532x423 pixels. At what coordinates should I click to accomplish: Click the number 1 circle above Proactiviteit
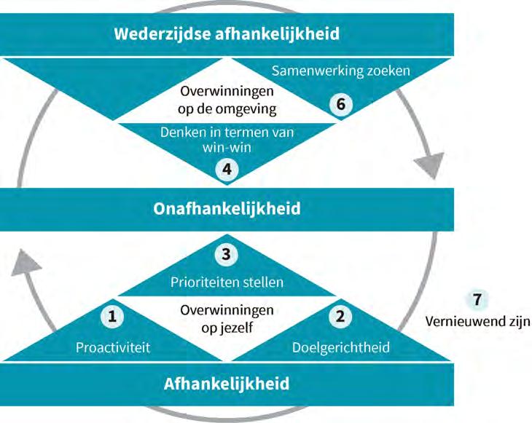point(113,316)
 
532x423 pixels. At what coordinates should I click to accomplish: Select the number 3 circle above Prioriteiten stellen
point(227,254)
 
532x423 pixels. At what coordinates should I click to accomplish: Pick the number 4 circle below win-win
point(227,168)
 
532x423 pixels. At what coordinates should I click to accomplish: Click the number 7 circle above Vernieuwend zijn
point(477,299)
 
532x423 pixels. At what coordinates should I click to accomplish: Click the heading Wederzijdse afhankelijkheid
point(227,33)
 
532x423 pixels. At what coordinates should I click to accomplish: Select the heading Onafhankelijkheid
point(227,208)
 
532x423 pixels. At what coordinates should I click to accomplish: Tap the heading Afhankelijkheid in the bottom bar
point(227,383)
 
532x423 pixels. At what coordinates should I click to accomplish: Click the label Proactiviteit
point(113,347)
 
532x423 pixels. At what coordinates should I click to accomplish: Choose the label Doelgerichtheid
point(340,347)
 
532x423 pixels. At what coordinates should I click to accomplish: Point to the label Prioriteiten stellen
point(227,282)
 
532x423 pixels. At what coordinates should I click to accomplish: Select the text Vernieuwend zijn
point(477,321)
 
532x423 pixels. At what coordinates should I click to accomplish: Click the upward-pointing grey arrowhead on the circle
point(26,260)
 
